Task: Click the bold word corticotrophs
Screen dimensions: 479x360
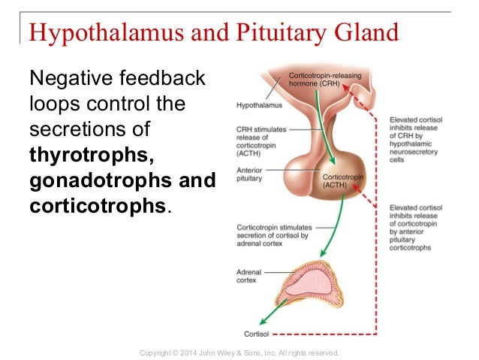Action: (97, 207)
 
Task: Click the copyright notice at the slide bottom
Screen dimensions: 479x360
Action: (240, 352)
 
